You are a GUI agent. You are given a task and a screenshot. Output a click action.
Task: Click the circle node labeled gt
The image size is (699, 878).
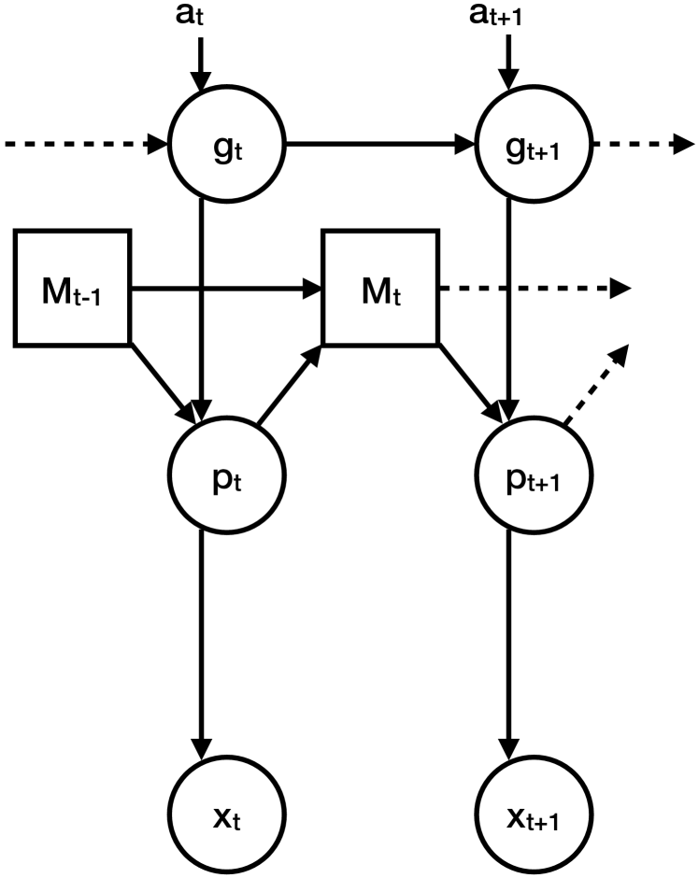pos(226,146)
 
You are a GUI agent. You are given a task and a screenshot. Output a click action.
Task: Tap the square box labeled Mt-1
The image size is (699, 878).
pos(72,286)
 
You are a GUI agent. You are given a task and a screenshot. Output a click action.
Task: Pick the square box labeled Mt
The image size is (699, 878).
pos(380,286)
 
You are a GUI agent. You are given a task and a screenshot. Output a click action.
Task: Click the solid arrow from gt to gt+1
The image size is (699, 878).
pos(378,145)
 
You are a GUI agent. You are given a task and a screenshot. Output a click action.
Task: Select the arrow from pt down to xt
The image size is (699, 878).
pos(201,644)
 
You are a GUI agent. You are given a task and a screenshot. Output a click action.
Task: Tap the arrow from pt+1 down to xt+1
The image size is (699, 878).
pos(508,644)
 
